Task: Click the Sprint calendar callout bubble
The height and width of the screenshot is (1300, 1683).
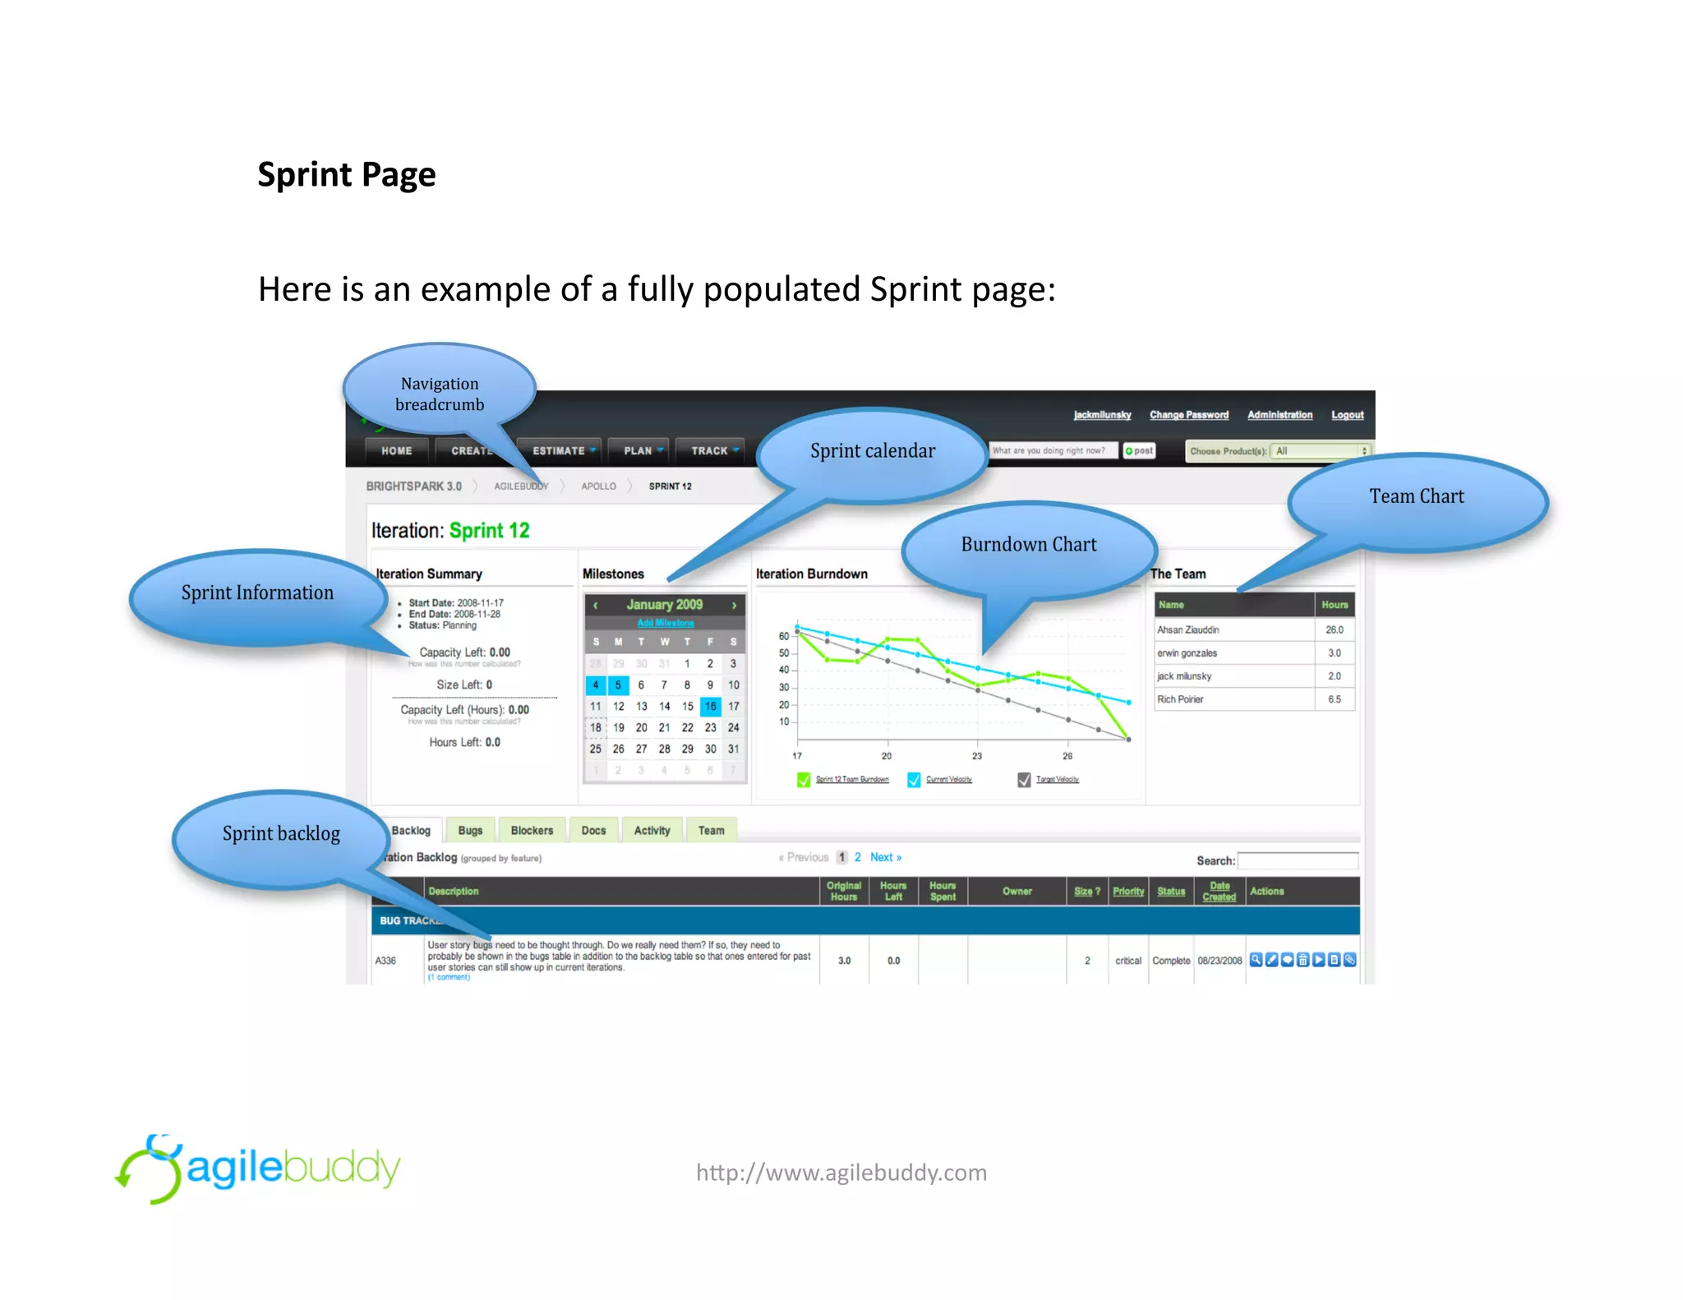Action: (872, 451)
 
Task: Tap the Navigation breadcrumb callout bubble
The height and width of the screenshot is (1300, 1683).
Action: (440, 394)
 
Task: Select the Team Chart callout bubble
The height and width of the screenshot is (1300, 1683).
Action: (1416, 496)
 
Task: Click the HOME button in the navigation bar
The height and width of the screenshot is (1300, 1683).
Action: (397, 451)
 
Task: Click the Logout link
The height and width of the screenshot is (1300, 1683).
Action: (1347, 415)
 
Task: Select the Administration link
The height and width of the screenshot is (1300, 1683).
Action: (1280, 415)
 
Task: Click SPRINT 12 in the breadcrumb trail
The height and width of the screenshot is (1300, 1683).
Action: (670, 486)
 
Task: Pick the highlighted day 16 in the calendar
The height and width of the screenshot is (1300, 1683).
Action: (710, 706)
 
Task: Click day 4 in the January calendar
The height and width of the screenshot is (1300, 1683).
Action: (596, 685)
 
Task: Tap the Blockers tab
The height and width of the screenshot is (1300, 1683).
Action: (532, 831)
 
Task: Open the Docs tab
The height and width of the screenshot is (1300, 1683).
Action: (593, 831)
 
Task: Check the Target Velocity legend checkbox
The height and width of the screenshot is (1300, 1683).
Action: (1024, 780)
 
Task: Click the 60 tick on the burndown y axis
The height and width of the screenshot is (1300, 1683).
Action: (784, 636)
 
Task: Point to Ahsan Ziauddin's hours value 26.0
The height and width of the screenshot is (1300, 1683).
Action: (1334, 630)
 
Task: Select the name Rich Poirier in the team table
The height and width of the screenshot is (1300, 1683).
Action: (1180, 699)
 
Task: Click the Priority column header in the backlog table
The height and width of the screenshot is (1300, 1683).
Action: (1128, 892)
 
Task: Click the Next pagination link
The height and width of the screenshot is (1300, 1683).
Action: (885, 857)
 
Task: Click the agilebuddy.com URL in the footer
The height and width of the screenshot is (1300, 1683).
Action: (841, 1173)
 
